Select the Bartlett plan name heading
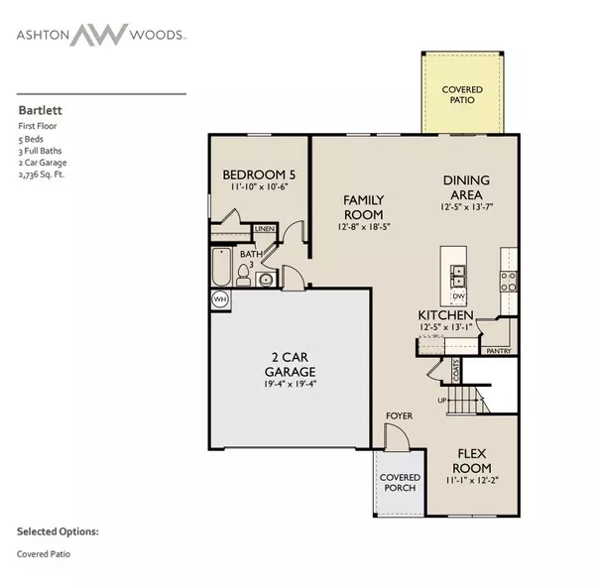click(x=36, y=112)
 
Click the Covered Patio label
click(x=462, y=94)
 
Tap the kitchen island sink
click(x=459, y=273)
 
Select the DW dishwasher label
click(x=459, y=295)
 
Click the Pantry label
click(x=498, y=350)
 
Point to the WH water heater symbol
click(x=219, y=298)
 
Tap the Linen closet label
click(x=264, y=229)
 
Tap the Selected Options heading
click(x=58, y=531)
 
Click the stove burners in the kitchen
click(x=508, y=283)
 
